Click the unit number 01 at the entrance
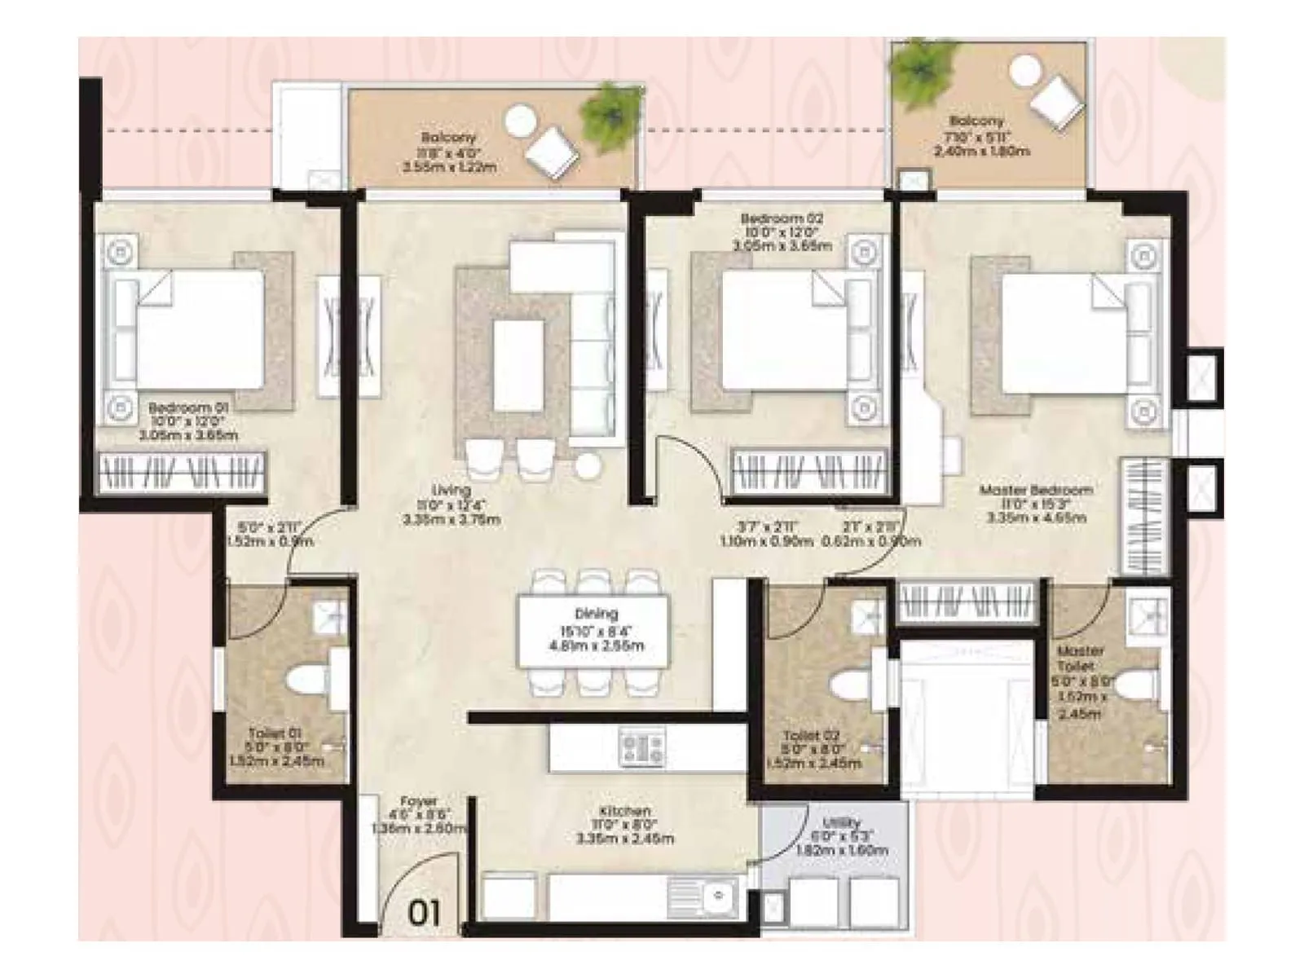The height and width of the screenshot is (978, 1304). [423, 911]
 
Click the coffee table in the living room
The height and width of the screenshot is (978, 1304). [518, 364]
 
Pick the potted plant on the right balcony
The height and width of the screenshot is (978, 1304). [923, 67]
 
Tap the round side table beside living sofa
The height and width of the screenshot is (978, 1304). [586, 466]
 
